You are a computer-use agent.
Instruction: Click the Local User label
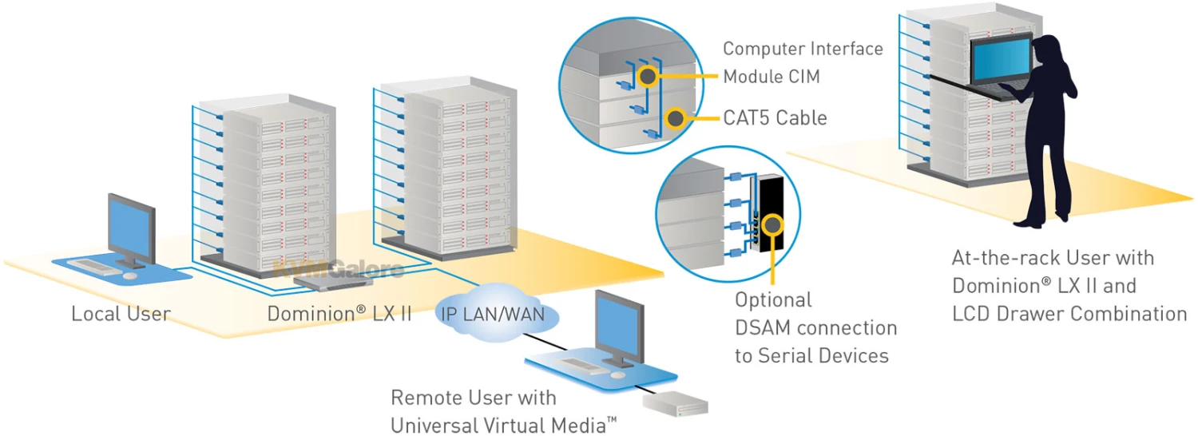pyautogui.click(x=121, y=313)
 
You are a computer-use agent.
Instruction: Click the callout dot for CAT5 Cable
pyautogui.click(x=676, y=118)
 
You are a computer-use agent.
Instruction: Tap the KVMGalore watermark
pyautogui.click(x=339, y=270)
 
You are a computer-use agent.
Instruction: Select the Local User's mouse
pyautogui.click(x=130, y=275)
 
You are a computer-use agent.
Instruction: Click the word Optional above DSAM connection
pyautogui.click(x=773, y=300)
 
